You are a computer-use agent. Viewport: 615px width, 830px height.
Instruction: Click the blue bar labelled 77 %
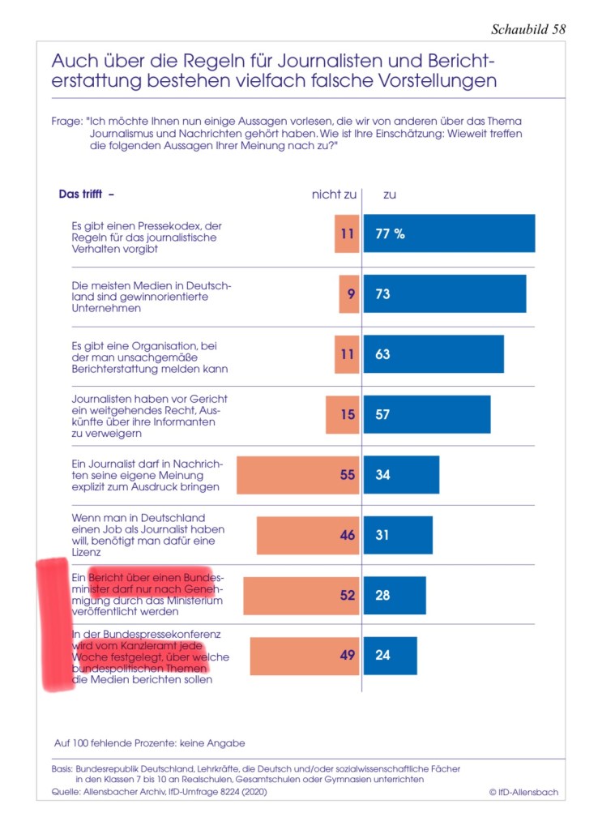(x=449, y=233)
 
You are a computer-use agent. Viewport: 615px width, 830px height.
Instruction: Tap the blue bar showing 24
(x=390, y=655)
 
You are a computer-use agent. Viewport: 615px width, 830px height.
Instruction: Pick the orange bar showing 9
(x=349, y=293)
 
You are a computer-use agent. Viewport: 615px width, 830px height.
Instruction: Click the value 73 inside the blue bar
(x=382, y=293)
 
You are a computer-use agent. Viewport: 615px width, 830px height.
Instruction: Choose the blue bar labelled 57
(x=427, y=414)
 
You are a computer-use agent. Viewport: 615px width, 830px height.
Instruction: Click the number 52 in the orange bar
(x=348, y=595)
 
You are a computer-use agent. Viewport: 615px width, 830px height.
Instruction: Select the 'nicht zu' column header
(x=334, y=195)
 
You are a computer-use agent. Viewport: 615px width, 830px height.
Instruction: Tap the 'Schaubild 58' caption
(x=528, y=29)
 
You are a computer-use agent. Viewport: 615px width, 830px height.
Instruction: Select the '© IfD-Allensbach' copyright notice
(x=523, y=792)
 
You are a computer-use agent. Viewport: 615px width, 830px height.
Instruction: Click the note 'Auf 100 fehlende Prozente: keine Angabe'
(x=149, y=742)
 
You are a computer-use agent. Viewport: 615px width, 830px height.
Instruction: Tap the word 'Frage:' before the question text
(x=66, y=121)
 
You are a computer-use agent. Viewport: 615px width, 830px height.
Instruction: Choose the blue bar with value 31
(x=398, y=535)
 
